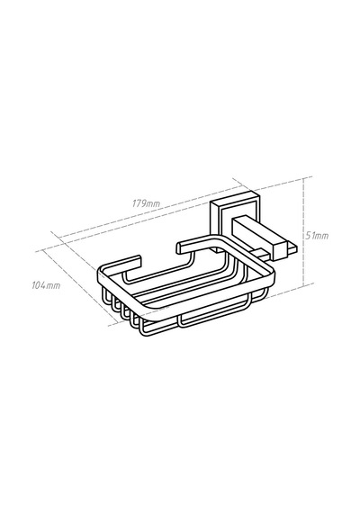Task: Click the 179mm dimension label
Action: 146,203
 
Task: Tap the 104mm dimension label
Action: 46,285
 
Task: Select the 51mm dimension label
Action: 317,236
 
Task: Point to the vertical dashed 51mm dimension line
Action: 304,231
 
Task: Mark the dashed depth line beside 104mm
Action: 80,288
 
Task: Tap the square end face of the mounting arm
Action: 277,247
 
